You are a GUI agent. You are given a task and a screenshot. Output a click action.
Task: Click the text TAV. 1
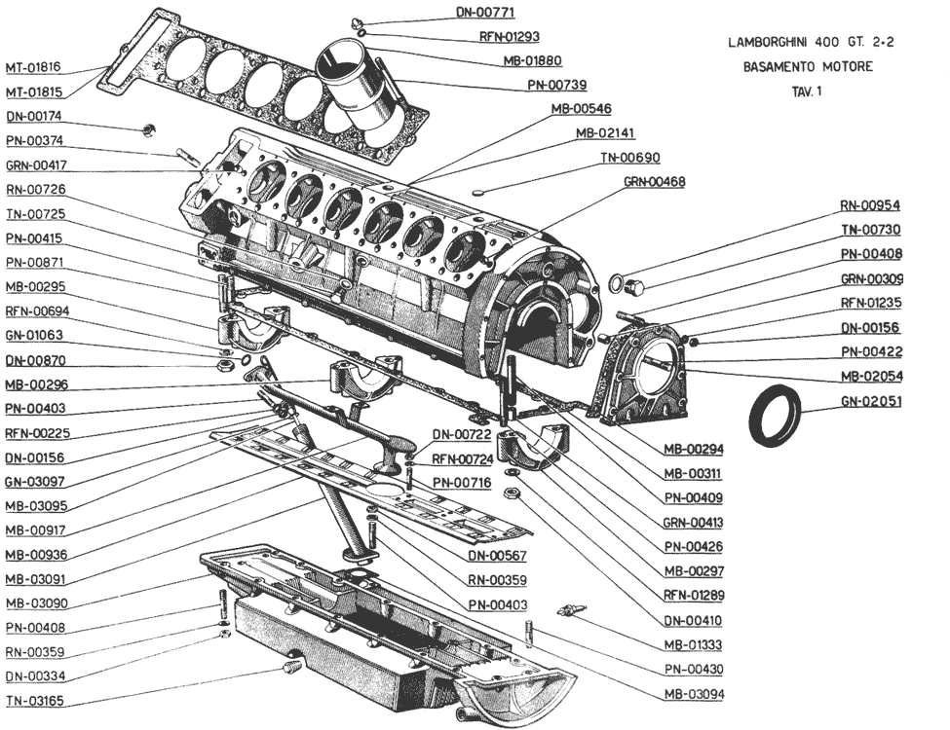(x=808, y=91)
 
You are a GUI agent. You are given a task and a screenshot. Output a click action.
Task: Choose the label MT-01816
(x=33, y=67)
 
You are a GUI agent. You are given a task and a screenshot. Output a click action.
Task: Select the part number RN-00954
(x=870, y=206)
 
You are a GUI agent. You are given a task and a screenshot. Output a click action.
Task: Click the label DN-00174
(x=33, y=116)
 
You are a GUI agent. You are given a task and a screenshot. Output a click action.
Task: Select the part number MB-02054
(x=870, y=376)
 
